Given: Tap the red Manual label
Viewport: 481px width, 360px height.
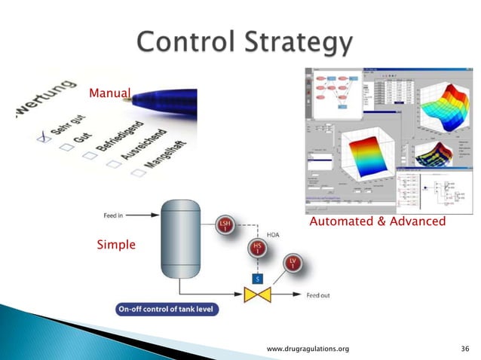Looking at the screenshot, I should pos(110,94).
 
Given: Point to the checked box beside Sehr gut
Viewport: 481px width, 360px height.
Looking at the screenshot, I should pos(46,137).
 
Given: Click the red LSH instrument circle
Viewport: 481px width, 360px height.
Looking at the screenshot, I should pos(225,225).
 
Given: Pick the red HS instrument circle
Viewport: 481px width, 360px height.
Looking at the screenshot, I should pos(256,248).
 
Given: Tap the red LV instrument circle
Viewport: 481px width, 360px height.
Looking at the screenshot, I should pos(293,264).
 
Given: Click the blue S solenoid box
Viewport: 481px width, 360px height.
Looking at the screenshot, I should pos(256,278).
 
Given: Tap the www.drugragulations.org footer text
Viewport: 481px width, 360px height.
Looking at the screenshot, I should pos(309,349).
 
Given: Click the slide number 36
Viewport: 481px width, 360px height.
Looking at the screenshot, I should pos(464,349).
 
